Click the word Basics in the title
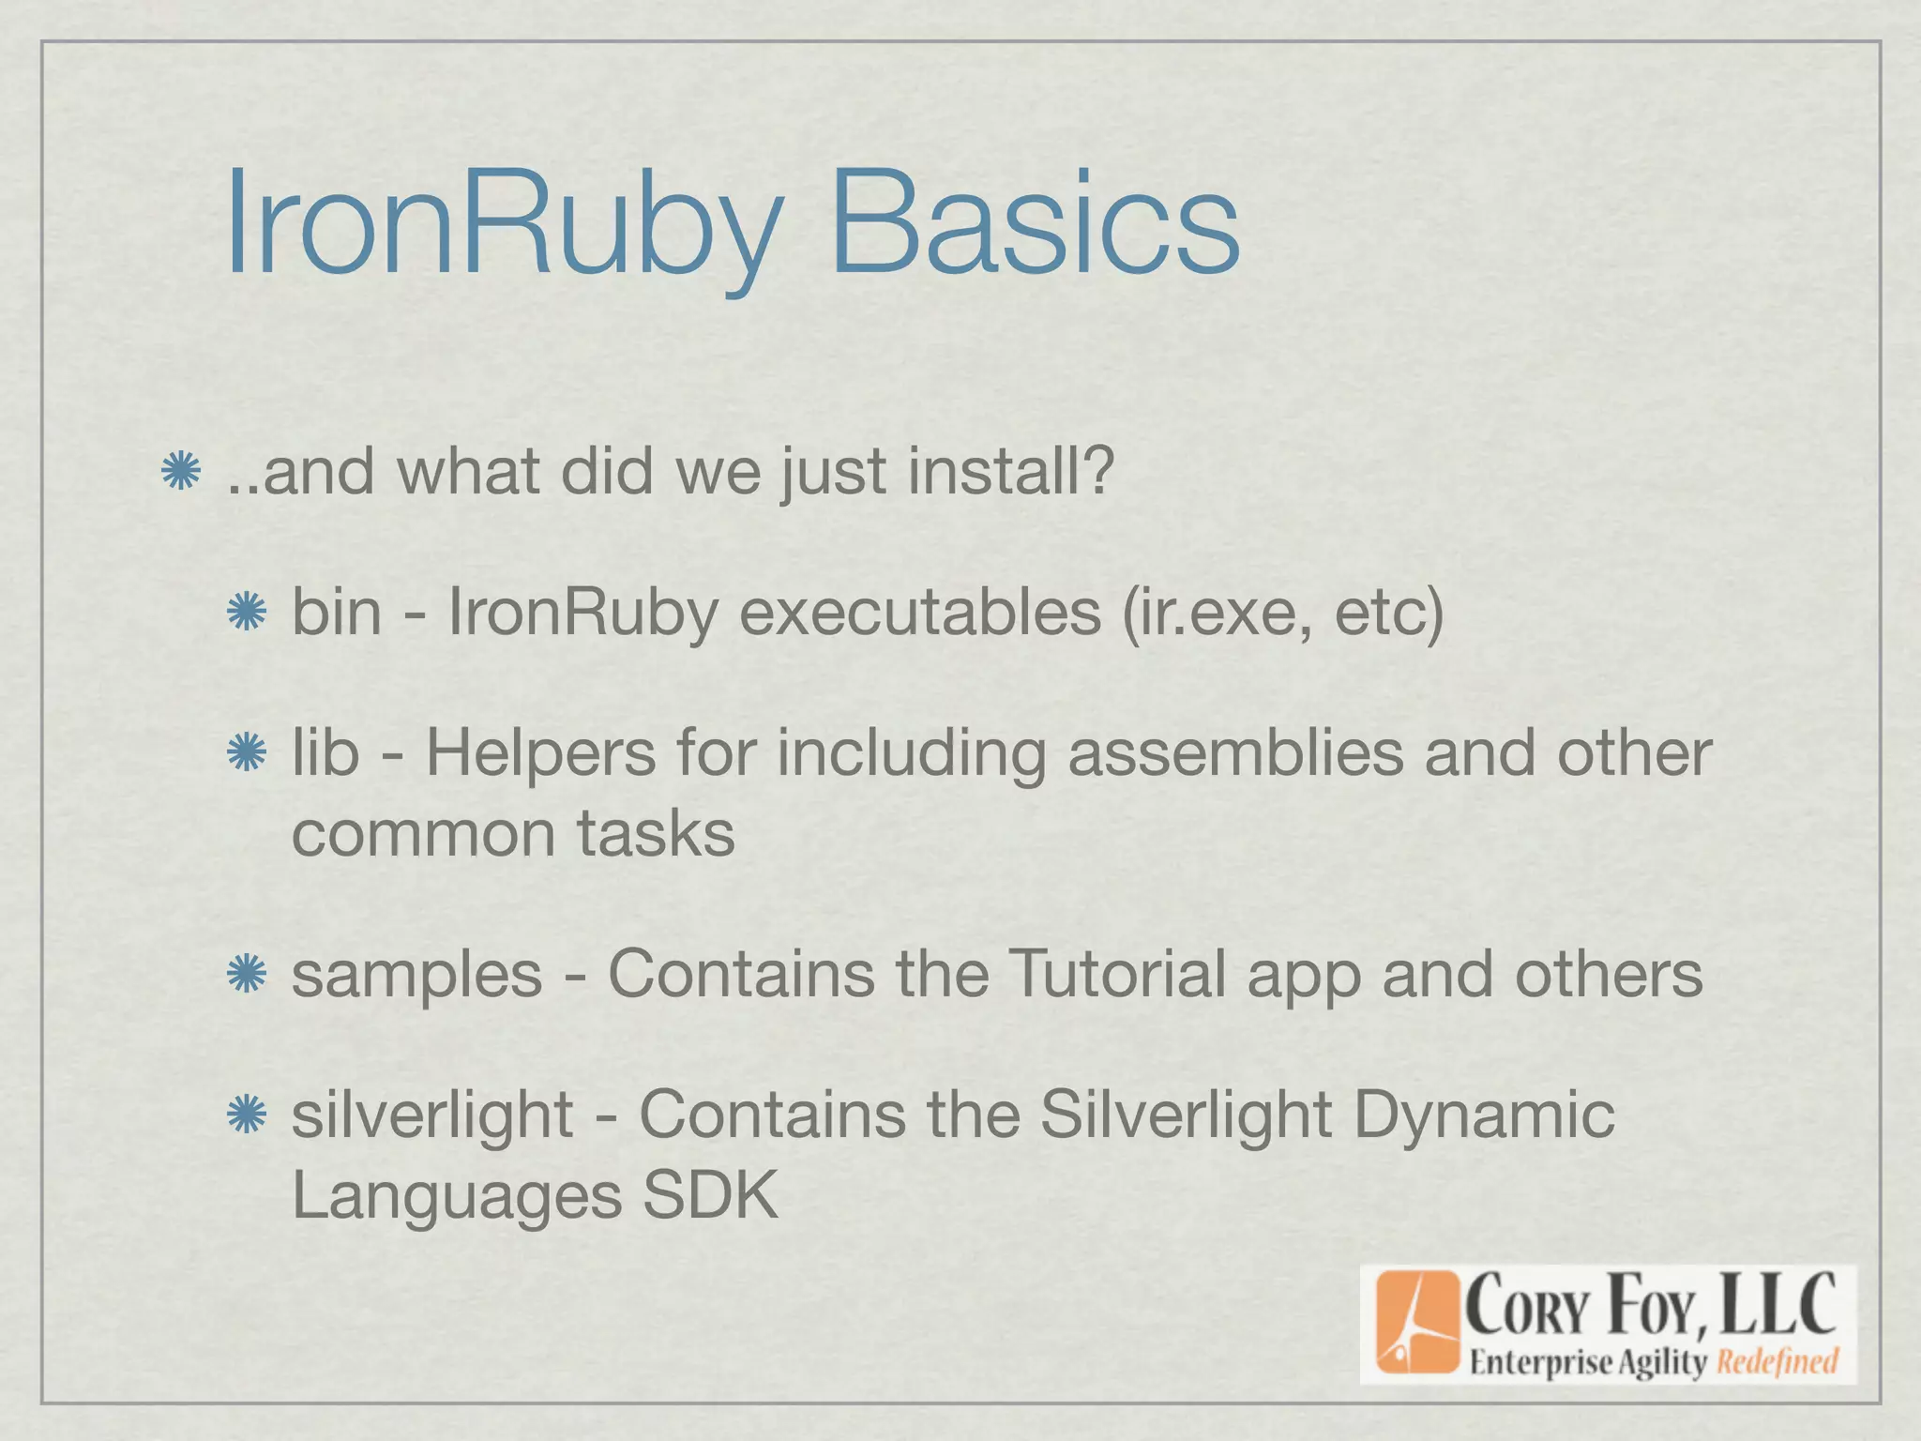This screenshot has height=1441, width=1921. (1034, 225)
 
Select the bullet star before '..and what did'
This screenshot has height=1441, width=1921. (180, 471)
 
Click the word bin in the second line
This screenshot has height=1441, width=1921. (336, 612)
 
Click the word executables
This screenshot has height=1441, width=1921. (919, 612)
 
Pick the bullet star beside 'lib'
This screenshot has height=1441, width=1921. (248, 753)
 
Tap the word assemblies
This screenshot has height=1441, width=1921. (1234, 753)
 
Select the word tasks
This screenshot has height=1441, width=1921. (655, 833)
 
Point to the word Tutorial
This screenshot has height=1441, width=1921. (1115, 973)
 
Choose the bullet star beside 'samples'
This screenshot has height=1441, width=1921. (248, 975)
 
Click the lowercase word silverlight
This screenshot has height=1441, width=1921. (431, 1115)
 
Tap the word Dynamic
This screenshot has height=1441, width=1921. (1484, 1115)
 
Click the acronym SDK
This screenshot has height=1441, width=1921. (709, 1195)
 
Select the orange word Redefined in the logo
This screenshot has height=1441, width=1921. (1777, 1361)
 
